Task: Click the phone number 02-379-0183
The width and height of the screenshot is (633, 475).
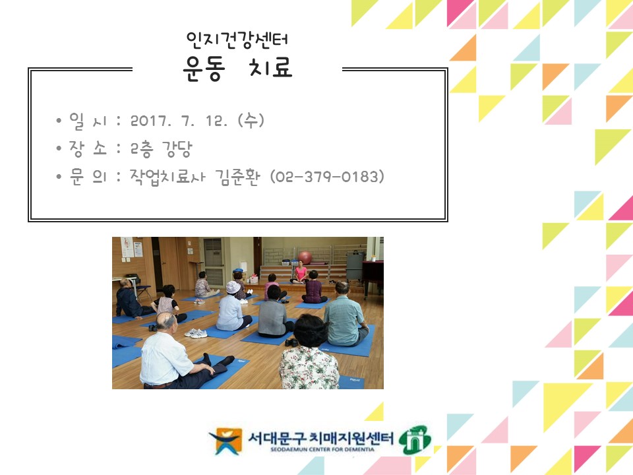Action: coord(328,177)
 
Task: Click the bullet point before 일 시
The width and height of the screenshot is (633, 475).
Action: coord(59,122)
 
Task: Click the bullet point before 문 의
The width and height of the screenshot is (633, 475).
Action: coord(59,177)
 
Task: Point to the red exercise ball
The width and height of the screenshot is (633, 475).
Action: coord(305,257)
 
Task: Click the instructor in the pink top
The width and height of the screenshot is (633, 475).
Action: coord(300,272)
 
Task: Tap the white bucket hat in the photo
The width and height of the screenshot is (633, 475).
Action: coord(233,287)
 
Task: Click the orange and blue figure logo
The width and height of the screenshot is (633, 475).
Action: coord(226,441)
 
